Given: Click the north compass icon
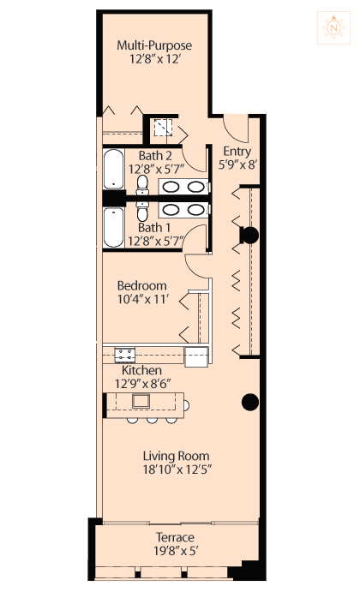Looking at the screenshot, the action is coord(333,27).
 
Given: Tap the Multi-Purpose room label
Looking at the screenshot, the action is coord(154,45).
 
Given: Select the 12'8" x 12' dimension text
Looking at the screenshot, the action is coord(154,59).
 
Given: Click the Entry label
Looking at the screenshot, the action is coord(237,151).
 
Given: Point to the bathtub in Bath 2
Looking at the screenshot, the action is coord(113,169).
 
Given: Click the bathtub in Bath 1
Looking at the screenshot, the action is coord(113,227).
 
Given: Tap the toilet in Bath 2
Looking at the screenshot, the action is coord(142,185).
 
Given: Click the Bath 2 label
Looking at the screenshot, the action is coord(155,156).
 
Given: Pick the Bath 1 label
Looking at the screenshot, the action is coord(154,228).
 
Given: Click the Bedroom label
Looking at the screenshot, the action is coord(142,285).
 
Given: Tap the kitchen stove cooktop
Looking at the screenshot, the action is coord(125,356).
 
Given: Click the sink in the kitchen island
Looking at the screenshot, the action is coord(141,401).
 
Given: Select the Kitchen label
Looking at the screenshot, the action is coord(141,370).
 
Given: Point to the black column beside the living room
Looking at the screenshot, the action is coord(250,402).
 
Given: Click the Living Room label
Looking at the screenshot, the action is coord(176,456).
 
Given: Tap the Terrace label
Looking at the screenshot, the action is coord(175,537).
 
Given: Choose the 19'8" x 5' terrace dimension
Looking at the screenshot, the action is coord(176,551).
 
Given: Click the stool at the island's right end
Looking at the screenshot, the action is coord(186,405).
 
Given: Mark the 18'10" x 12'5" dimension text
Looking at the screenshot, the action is coord(177,469).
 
